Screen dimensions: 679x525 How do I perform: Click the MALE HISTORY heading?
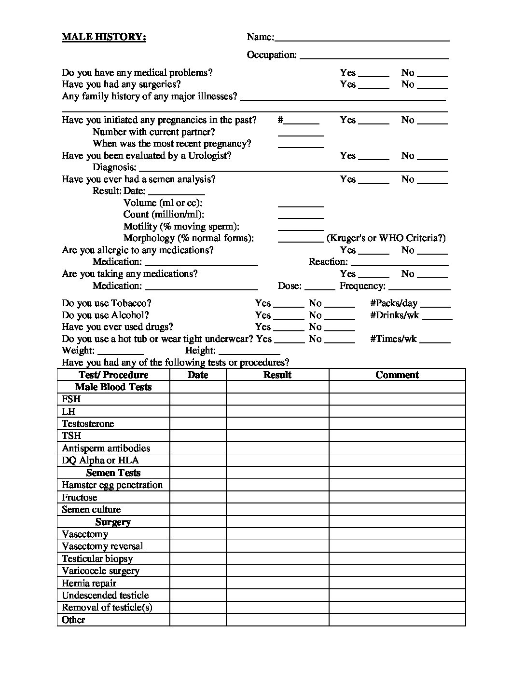[x=104, y=37]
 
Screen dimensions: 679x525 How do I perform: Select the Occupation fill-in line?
[x=374, y=56]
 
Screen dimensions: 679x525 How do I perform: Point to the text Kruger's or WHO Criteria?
[x=386, y=238]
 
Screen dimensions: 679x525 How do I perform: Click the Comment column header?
[x=397, y=375]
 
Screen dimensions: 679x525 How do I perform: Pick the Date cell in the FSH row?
[x=198, y=399]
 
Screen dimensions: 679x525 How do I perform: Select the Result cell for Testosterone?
[x=277, y=423]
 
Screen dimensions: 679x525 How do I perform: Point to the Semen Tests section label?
[x=113, y=473]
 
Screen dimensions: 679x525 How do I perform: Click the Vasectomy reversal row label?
[x=103, y=546]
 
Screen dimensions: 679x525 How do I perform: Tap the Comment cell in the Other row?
[x=397, y=620]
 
